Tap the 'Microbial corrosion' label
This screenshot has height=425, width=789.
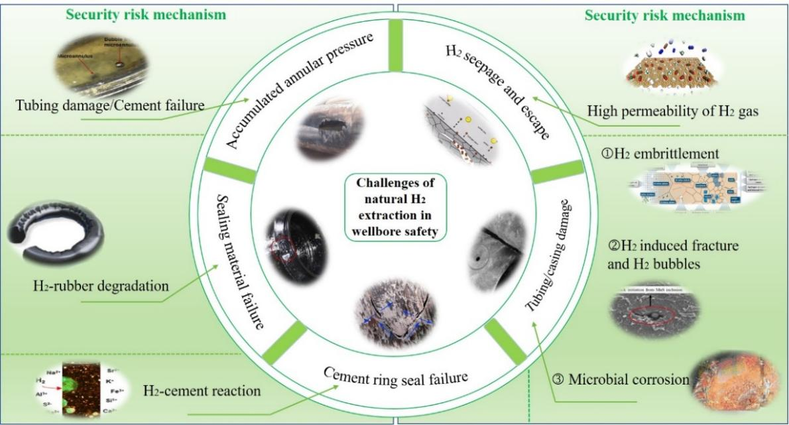620,379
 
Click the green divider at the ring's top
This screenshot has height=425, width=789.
395,44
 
